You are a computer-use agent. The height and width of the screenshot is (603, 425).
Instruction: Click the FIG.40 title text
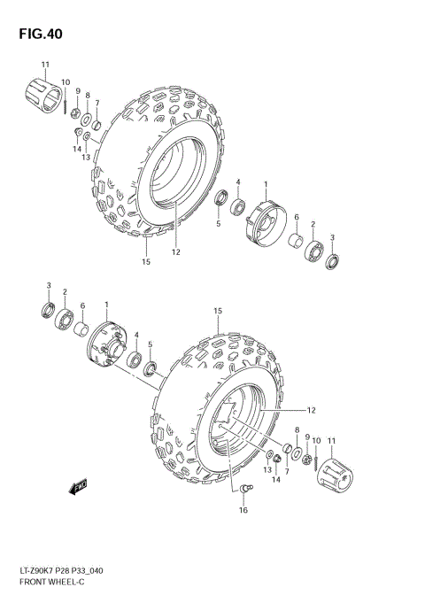[38, 34]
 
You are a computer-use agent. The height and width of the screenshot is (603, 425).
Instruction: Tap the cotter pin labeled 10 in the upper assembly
[66, 99]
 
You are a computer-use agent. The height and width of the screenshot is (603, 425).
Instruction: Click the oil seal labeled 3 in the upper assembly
[332, 262]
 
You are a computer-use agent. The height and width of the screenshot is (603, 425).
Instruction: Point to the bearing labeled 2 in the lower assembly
[66, 318]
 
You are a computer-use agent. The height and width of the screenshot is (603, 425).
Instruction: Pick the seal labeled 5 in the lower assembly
[151, 367]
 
